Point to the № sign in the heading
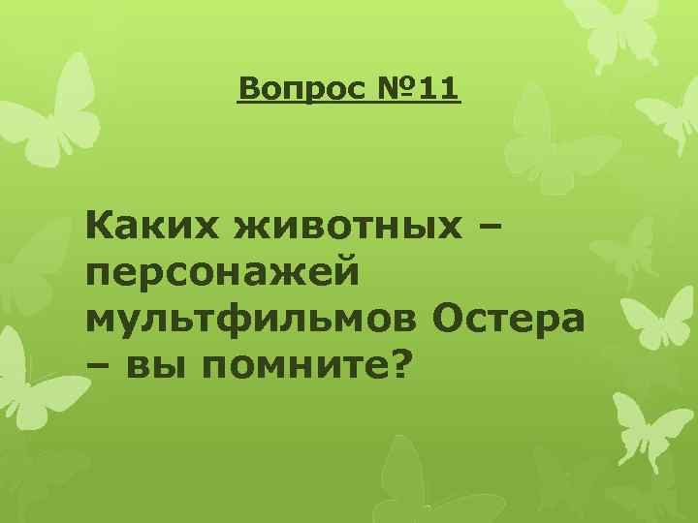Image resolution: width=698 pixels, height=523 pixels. pos(397,91)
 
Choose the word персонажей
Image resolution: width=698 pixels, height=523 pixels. pos(223,272)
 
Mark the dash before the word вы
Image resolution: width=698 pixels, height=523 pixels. pos(97,366)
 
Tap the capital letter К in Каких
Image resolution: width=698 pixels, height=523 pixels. pos(100,228)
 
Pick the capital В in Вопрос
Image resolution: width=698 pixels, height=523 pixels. pos(248,91)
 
